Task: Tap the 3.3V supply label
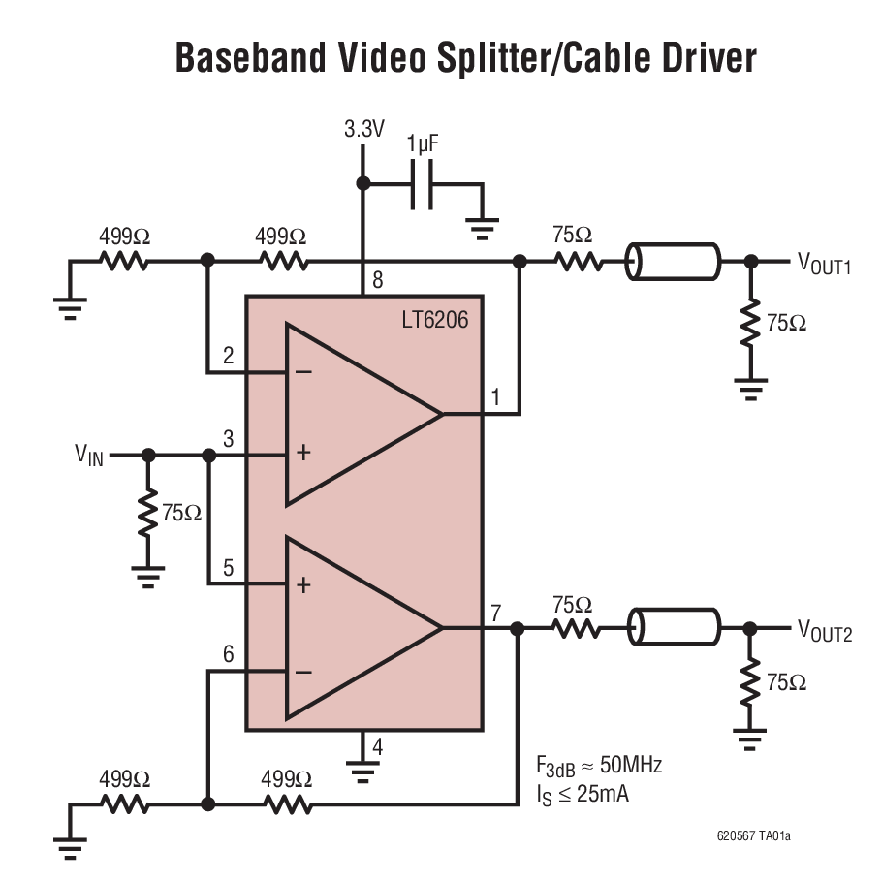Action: (363, 128)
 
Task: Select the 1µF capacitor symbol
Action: (422, 184)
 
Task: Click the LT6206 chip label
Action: (434, 318)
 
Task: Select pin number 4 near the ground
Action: (377, 747)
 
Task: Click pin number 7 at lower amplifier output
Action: (496, 613)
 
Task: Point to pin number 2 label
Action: (229, 356)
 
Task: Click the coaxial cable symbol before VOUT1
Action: (673, 262)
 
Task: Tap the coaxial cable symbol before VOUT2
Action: (673, 626)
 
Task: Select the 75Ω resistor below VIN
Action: (147, 514)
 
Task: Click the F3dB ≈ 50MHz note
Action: (599, 766)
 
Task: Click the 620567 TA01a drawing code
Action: (760, 835)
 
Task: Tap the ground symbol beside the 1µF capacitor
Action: (481, 227)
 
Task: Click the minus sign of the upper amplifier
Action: (303, 372)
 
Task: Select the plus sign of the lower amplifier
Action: (303, 584)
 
